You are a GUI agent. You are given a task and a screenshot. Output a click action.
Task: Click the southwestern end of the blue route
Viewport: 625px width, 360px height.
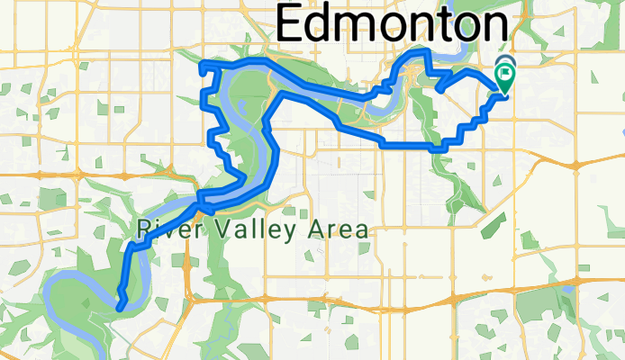pos(118,310)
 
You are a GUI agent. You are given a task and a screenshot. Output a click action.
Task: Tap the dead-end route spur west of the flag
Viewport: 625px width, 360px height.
pos(439,89)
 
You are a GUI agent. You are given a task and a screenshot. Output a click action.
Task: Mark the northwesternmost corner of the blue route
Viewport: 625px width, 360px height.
pos(201,61)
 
